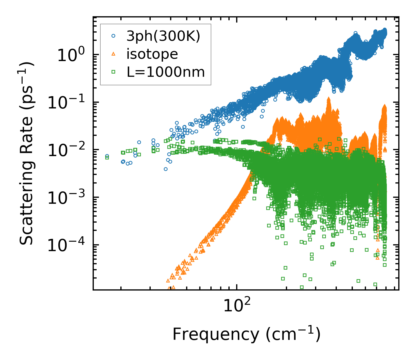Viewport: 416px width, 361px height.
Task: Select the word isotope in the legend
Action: tap(152, 54)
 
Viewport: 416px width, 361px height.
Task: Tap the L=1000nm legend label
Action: tap(166, 72)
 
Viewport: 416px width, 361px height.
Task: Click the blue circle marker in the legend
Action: tap(114, 36)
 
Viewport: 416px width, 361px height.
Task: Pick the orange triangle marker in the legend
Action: tap(114, 54)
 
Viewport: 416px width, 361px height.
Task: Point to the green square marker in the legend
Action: tap(114, 72)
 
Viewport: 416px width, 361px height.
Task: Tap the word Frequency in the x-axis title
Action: tap(215, 334)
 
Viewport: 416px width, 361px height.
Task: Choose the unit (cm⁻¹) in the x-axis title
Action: tap(293, 334)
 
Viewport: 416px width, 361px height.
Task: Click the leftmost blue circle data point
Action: tap(107, 156)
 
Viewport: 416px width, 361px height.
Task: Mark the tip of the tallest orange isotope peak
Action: tap(329, 98)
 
